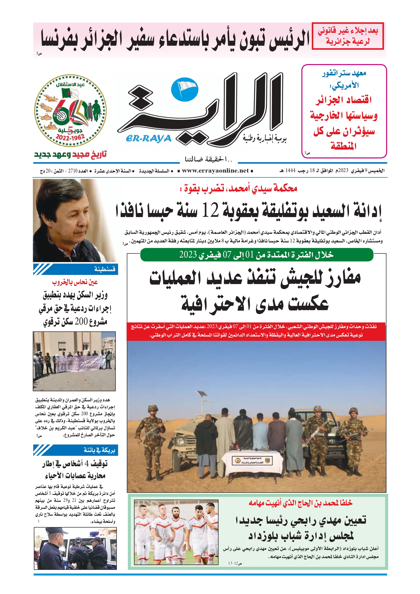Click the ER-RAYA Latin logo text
tap(149, 138)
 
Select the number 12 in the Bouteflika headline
tap(210, 211)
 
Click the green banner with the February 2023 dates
tap(257, 255)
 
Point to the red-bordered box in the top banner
tap(348, 36)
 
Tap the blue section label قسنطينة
tap(105, 269)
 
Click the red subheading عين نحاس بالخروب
tap(75, 282)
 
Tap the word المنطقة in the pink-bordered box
tap(343, 146)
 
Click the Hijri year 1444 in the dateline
tap(290, 170)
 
